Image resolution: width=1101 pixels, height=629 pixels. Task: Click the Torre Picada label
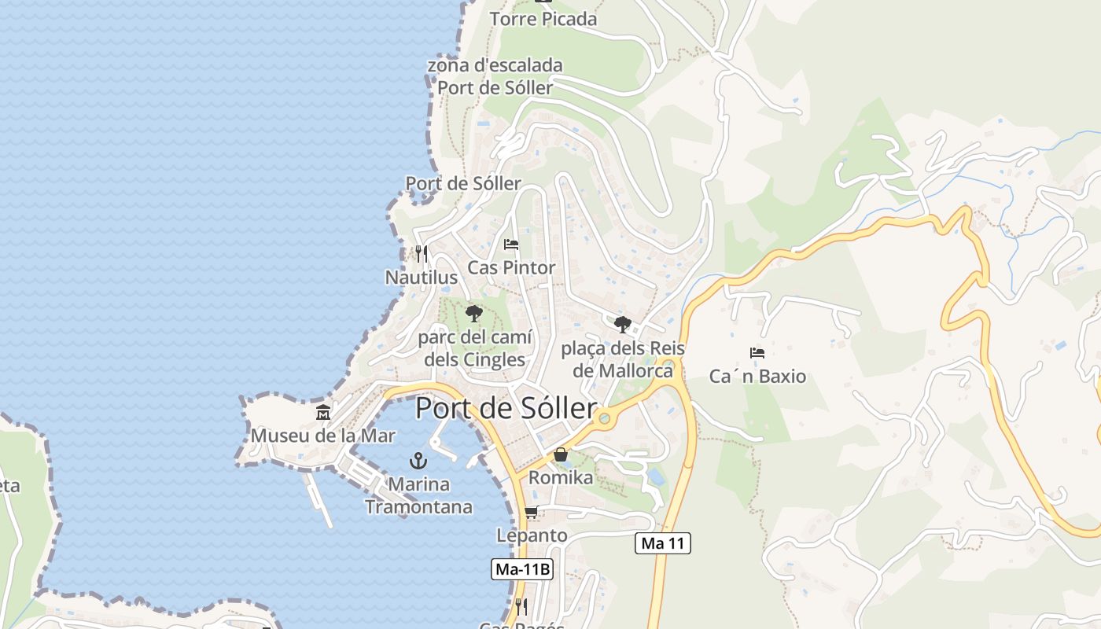tap(543, 19)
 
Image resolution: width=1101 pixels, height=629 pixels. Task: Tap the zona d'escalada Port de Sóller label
tap(495, 76)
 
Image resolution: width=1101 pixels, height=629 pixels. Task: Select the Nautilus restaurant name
tap(421, 278)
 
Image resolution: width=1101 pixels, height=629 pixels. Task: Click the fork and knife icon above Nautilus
tap(422, 253)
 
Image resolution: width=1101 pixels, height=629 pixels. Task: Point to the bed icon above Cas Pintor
tap(511, 244)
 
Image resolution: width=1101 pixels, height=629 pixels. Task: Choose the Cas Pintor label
tap(511, 267)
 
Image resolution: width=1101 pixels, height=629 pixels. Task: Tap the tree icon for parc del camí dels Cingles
tap(473, 314)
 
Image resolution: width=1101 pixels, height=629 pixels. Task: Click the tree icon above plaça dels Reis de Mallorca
tap(622, 323)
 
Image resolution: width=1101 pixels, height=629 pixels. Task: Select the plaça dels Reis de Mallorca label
tap(622, 359)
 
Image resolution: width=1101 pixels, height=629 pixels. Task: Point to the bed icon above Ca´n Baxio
tap(757, 353)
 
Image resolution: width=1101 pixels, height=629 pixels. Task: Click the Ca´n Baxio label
tap(757, 377)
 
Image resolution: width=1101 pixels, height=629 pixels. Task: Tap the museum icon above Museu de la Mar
tap(323, 412)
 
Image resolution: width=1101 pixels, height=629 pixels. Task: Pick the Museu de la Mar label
tap(323, 436)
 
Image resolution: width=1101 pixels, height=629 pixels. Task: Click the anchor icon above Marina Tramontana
tap(418, 461)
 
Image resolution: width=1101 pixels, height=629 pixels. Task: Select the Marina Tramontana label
tap(418, 495)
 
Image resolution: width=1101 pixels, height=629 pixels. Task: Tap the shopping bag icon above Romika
tap(561, 454)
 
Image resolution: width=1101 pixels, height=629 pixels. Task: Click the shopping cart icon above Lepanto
tap(532, 513)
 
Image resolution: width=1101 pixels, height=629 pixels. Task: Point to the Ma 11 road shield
tap(663, 543)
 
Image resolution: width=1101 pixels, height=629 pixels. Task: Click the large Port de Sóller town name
tap(506, 409)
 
